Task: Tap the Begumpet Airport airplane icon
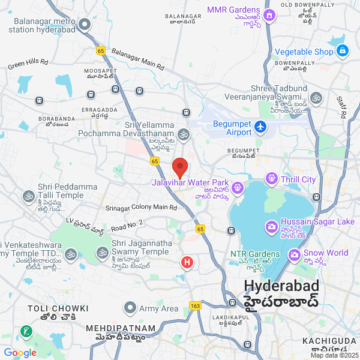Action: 260,127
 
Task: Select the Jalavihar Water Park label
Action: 189,182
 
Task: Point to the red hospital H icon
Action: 188,262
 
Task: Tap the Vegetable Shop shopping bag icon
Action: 342,52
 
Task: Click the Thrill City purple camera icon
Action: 272,179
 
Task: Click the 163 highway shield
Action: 196,307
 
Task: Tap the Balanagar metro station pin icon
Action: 85,25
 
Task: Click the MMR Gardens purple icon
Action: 269,15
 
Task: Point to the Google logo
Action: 20,352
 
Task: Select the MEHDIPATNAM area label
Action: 120,328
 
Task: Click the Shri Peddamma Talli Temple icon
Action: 28,196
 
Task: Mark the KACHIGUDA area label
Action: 329,341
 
